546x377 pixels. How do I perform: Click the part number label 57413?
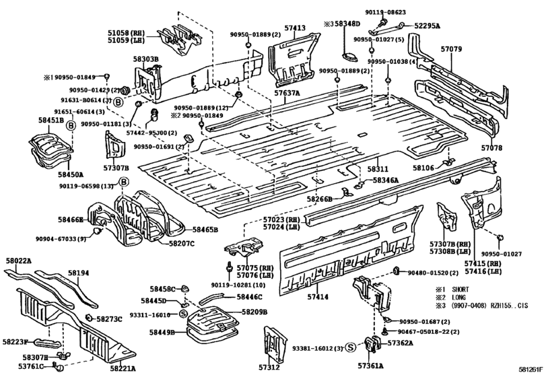(295, 28)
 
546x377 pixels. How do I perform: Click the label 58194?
(78, 273)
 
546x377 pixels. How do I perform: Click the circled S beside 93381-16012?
(350, 347)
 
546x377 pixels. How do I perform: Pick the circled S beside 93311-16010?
(183, 314)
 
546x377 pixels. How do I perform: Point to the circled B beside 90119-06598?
(124, 182)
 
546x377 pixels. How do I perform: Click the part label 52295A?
(426, 26)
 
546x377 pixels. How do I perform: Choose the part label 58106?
(423, 167)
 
